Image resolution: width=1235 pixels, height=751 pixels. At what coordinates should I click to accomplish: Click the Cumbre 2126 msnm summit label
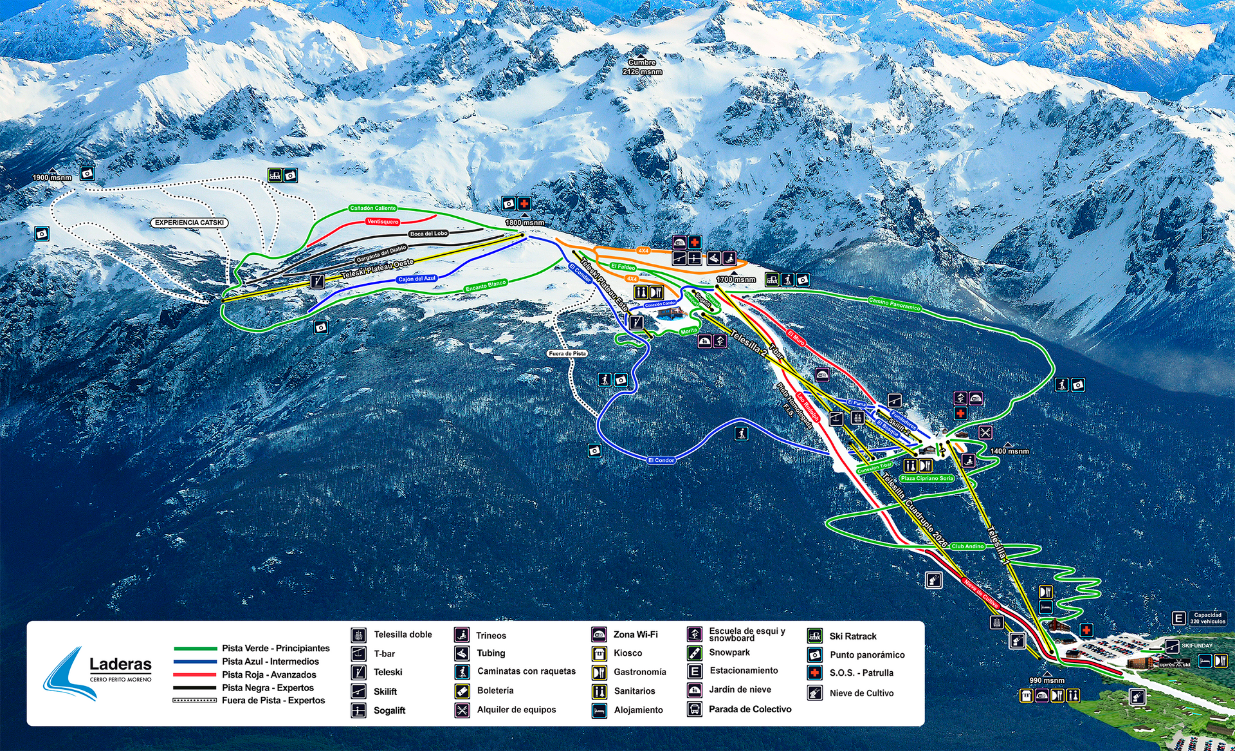pos(642,67)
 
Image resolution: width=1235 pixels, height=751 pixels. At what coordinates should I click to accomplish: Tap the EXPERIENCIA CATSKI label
pos(189,223)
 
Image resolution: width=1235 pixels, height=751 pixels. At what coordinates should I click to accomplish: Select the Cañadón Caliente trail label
pos(372,209)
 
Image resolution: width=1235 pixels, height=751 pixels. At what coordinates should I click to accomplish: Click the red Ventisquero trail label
pos(382,221)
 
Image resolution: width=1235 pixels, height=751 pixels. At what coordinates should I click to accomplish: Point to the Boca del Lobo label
pos(428,234)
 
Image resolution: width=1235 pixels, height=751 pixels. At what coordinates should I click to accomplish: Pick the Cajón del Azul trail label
pos(416,279)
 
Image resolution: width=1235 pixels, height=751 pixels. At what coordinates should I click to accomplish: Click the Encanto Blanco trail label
pos(486,285)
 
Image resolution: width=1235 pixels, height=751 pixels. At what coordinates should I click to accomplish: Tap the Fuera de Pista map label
pos(567,353)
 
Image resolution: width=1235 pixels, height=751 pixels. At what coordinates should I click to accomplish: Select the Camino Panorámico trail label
pos(894,304)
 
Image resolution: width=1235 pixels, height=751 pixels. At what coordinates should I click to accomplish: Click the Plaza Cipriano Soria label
pos(927,478)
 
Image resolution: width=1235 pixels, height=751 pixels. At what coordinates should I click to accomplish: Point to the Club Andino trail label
pos(967,546)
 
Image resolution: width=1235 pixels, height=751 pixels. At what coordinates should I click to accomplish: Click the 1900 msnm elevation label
pos(52,178)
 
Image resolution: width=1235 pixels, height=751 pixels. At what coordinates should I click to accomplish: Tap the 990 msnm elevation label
pos(1047,680)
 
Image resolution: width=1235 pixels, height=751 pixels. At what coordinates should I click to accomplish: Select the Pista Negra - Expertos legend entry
pos(268,687)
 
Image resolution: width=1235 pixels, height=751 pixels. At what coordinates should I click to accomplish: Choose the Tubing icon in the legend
pos(462,653)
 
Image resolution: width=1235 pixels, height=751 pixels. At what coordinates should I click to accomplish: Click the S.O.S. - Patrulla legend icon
pos(815,672)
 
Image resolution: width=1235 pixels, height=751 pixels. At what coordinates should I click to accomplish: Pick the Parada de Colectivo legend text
pos(750,709)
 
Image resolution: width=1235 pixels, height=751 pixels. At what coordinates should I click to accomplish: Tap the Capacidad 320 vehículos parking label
pos(1207,618)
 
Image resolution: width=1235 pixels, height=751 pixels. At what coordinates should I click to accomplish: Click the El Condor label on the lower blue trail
pos(661,460)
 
